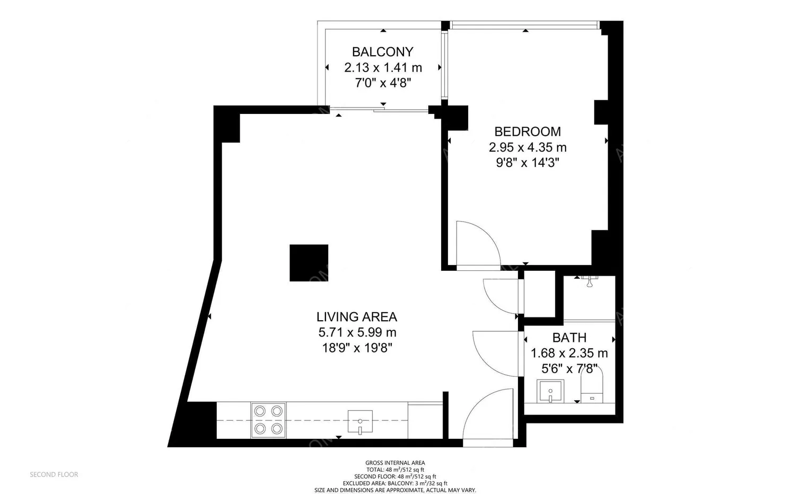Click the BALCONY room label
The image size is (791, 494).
382,52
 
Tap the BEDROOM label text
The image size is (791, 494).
528,131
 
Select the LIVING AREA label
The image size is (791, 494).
357,317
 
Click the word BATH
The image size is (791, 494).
569,338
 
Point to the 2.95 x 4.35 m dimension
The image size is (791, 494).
528,147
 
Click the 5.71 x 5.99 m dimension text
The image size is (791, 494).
357,332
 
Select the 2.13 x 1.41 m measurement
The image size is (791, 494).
383,67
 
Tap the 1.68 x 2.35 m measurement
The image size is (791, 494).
569,353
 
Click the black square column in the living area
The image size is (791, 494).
309,263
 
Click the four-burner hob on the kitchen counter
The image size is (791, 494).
268,420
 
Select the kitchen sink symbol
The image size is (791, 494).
360,421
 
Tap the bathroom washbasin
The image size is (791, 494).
550,391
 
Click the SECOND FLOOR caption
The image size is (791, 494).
54,474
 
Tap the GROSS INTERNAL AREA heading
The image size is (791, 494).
395,463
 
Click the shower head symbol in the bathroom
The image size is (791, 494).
590,282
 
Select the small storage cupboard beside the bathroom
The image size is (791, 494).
539,294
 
